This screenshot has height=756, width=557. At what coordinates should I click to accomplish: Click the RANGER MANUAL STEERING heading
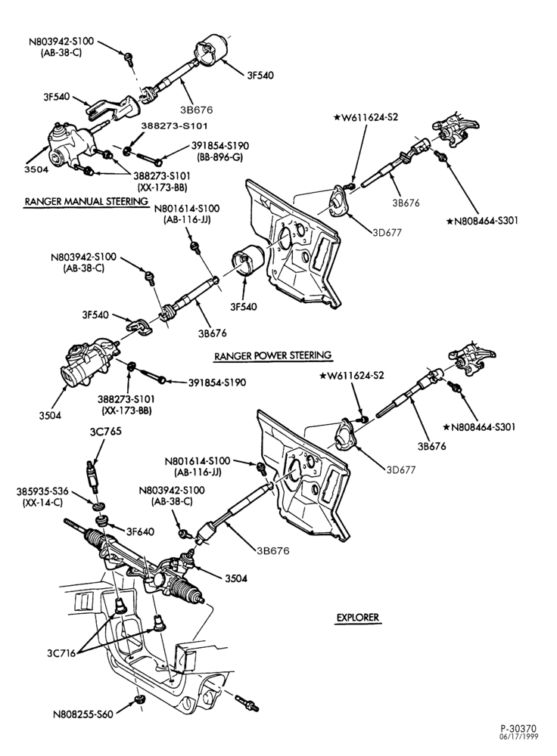[x=86, y=202]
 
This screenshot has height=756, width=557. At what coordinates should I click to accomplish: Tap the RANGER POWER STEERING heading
[x=273, y=356]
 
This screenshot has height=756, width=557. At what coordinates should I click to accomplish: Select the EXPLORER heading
[x=358, y=617]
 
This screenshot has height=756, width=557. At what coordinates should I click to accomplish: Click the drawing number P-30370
[x=518, y=728]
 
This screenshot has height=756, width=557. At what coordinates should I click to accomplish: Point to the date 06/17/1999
[x=518, y=736]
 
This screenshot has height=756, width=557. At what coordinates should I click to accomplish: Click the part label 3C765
[x=105, y=432]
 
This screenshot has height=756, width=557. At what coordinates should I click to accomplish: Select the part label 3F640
[x=140, y=531]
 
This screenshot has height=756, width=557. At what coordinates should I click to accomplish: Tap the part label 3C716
[x=61, y=653]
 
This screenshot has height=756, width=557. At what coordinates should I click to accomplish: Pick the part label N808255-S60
[x=83, y=714]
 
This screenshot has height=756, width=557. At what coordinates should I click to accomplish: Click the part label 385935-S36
[x=42, y=492]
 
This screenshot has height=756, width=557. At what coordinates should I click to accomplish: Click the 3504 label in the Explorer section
[x=236, y=578]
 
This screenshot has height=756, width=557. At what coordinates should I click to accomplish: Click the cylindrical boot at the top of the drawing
[x=211, y=50]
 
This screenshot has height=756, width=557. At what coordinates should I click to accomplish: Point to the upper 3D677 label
[x=387, y=232]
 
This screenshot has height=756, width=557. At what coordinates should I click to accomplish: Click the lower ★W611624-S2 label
[x=352, y=376]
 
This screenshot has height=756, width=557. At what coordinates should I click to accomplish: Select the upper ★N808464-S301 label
[x=482, y=221]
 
